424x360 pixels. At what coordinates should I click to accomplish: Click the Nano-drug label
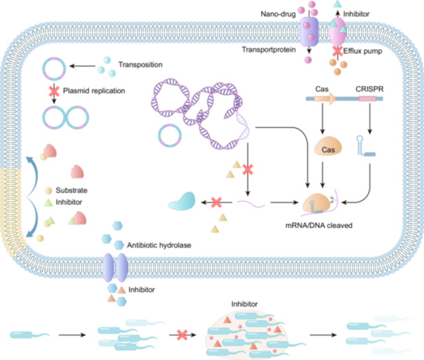pyautogui.click(x=278, y=14)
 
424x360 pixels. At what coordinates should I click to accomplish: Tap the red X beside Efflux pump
pyautogui.click(x=337, y=51)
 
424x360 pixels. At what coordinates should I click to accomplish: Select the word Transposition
pyautogui.click(x=141, y=65)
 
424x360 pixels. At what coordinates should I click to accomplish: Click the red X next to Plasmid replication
pyautogui.click(x=54, y=91)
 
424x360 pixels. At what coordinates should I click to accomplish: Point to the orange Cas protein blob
pyautogui.click(x=328, y=147)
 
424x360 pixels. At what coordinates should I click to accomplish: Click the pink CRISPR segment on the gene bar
pyautogui.click(x=367, y=99)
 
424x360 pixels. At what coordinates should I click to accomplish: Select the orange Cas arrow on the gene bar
pyautogui.click(x=325, y=99)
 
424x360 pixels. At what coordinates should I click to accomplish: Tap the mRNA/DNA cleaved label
pyautogui.click(x=319, y=226)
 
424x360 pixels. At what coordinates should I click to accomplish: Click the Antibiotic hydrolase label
pyautogui.click(x=159, y=245)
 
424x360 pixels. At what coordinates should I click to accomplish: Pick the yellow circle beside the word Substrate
pyautogui.click(x=48, y=191)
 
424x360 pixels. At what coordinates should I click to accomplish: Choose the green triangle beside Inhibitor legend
pyautogui.click(x=48, y=203)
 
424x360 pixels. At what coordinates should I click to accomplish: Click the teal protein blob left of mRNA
pyautogui.click(x=182, y=201)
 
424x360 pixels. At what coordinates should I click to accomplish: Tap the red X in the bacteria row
pyautogui.click(x=182, y=335)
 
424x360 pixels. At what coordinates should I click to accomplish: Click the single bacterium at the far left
pyautogui.click(x=30, y=335)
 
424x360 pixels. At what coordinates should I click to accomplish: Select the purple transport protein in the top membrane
pyautogui.click(x=309, y=31)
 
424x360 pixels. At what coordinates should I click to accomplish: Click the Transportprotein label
pyautogui.click(x=269, y=50)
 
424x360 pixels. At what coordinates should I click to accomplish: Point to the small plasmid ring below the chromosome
pyautogui.click(x=170, y=136)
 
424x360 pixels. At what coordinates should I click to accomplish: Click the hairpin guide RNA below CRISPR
pyautogui.click(x=365, y=146)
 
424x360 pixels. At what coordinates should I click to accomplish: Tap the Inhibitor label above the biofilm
pyautogui.click(x=244, y=304)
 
